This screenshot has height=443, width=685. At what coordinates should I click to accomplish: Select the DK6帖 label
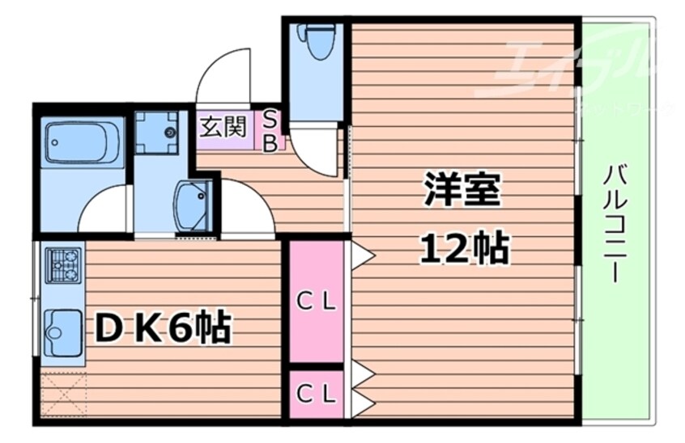(x=163, y=328)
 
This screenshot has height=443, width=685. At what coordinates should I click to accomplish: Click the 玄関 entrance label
(x=223, y=128)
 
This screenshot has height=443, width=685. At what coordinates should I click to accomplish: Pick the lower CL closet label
(x=316, y=394)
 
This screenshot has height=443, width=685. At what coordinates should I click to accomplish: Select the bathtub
(x=83, y=143)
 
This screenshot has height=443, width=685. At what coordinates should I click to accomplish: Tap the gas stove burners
(x=63, y=265)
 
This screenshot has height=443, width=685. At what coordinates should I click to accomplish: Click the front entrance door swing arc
(x=224, y=77)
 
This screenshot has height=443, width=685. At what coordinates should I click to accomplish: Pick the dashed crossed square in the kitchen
(x=62, y=394)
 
